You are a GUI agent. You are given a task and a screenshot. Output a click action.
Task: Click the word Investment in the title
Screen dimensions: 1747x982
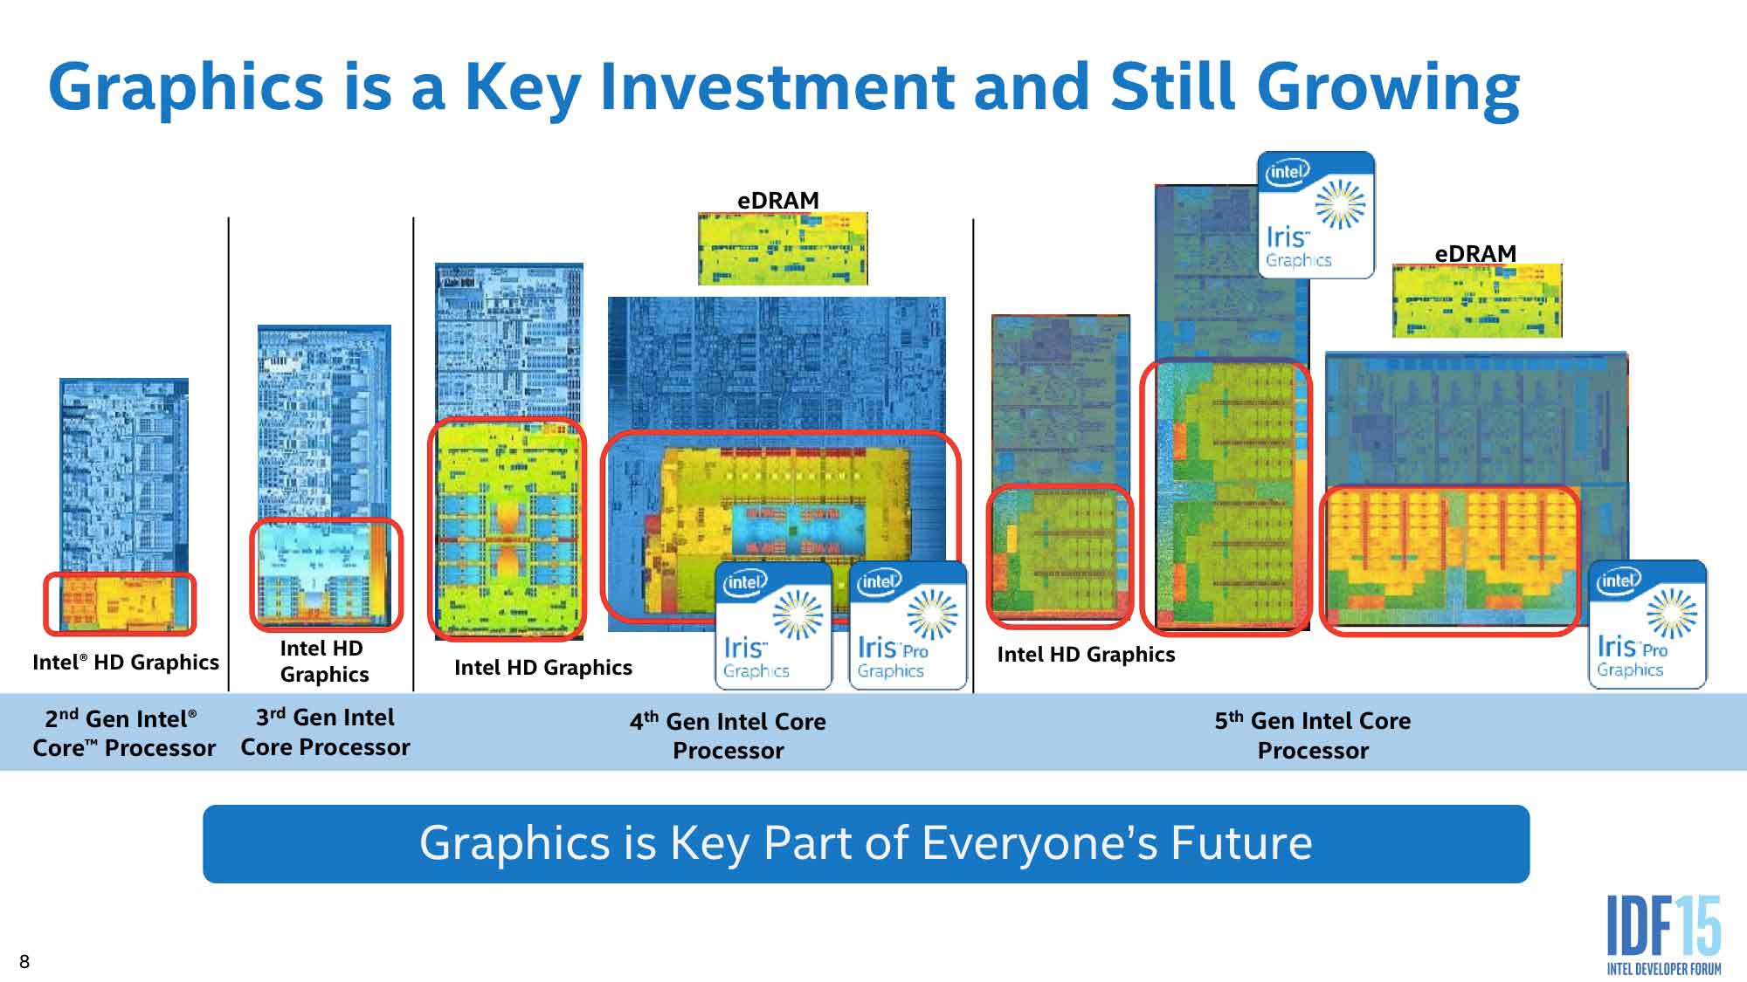(x=777, y=86)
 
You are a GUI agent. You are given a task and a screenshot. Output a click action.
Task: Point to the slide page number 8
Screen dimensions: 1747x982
(x=24, y=961)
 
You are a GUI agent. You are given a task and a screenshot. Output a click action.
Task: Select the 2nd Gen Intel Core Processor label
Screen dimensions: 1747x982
(x=123, y=733)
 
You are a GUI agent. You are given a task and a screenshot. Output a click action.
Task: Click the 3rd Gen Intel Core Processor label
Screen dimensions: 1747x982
(x=325, y=732)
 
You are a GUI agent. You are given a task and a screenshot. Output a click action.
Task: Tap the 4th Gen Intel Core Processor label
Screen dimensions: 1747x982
(x=728, y=736)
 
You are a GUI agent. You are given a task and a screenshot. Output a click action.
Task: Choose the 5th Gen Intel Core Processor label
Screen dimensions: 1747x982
(x=1312, y=735)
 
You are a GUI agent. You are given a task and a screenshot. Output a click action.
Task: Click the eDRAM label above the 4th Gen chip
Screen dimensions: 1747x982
(x=778, y=200)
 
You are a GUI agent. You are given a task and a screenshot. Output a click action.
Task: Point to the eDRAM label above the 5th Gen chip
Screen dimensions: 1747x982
(x=1475, y=253)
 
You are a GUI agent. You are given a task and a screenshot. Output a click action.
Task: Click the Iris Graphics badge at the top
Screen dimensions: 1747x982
(x=1315, y=215)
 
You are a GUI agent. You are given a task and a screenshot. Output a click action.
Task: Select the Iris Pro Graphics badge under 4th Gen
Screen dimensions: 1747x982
(x=908, y=625)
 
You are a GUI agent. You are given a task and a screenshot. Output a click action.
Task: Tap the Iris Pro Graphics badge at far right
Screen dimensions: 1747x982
(x=1647, y=624)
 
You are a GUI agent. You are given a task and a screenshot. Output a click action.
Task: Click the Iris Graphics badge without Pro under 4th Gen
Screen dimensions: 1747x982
(x=774, y=625)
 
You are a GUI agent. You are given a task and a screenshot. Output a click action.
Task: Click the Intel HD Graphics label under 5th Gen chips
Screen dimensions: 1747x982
(x=1086, y=654)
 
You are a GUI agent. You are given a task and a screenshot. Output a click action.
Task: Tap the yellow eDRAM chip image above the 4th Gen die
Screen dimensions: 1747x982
(x=783, y=248)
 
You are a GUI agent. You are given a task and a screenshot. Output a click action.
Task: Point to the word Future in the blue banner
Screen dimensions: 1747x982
(x=1241, y=843)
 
